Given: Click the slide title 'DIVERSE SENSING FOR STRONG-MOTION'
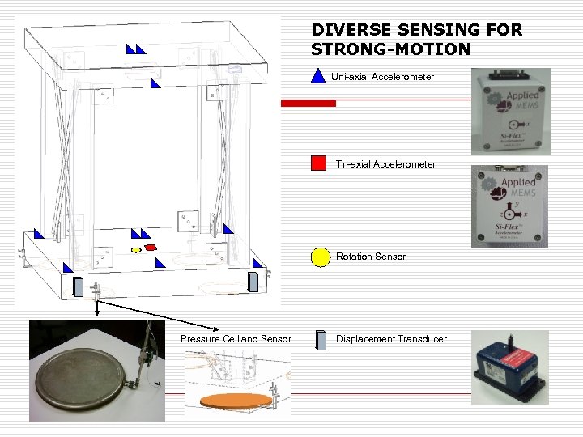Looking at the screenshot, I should click(x=416, y=40).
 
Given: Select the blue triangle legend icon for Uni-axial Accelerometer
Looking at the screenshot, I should click(x=318, y=77).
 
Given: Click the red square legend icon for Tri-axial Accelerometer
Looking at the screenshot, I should click(x=318, y=163).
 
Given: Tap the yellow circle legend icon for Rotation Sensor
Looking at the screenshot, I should click(x=321, y=257).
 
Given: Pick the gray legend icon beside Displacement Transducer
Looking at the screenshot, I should click(x=319, y=339).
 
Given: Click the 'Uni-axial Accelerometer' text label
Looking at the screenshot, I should click(x=382, y=77).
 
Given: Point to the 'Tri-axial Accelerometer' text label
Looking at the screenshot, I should click(x=385, y=164).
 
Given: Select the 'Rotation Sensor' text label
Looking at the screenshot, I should click(x=371, y=257).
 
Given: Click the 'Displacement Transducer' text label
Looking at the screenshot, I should click(x=391, y=339).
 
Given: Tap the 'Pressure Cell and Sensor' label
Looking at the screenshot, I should click(x=236, y=339).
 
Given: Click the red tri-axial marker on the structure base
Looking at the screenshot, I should click(x=150, y=247).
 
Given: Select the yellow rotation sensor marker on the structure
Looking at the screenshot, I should click(x=136, y=251).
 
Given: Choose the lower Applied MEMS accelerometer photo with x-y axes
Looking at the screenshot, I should click(x=509, y=206).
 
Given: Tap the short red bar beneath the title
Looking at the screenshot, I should click(x=308, y=104).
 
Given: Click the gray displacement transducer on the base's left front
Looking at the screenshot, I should click(x=79, y=286).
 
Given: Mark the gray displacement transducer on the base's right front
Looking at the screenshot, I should click(x=253, y=281).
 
